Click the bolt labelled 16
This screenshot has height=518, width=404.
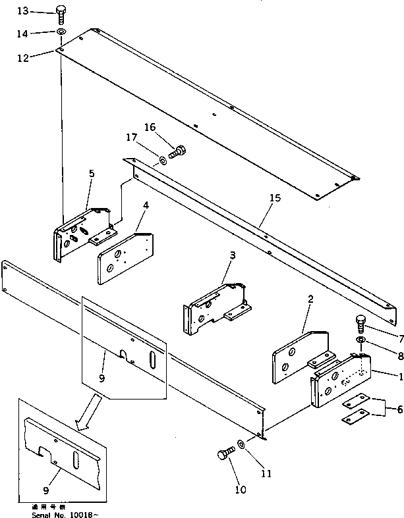pos(177,151)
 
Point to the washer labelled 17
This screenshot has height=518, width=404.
pos(162,159)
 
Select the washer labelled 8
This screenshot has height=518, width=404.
pos(361,339)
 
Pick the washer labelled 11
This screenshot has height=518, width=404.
pos(243,446)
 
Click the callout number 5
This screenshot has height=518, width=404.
pos(92,174)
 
